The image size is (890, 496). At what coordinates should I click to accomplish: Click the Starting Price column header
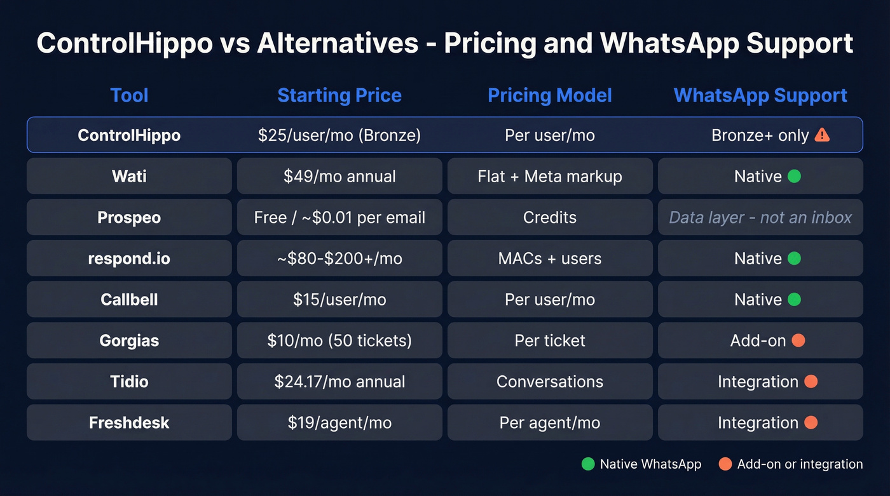tap(339, 95)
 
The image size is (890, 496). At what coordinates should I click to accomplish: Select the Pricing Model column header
tap(550, 95)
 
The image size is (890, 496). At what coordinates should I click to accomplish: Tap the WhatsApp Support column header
tap(760, 95)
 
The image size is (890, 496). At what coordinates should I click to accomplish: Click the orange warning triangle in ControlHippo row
tap(822, 135)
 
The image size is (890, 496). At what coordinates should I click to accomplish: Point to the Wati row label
tap(129, 176)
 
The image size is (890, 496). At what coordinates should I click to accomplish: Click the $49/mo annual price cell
tap(339, 176)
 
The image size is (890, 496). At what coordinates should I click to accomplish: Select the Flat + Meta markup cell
tap(550, 176)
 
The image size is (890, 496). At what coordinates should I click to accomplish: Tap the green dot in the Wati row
tap(794, 176)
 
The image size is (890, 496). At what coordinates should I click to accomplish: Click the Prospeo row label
tap(129, 217)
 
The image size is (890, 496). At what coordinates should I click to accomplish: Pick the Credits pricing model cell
tap(550, 217)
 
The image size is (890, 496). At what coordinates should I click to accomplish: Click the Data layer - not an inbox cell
tap(760, 217)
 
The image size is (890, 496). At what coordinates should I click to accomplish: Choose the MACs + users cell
tap(550, 258)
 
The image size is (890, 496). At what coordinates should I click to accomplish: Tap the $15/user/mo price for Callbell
tap(339, 299)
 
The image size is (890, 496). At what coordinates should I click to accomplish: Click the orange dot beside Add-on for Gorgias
tap(798, 340)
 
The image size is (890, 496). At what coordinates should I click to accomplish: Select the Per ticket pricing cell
tap(550, 340)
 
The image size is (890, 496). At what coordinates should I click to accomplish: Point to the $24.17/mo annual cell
tap(339, 382)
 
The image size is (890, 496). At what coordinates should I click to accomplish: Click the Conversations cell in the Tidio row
tap(550, 382)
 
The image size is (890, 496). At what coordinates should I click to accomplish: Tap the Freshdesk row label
tap(129, 423)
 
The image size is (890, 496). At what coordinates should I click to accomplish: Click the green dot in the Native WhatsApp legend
tap(588, 464)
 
